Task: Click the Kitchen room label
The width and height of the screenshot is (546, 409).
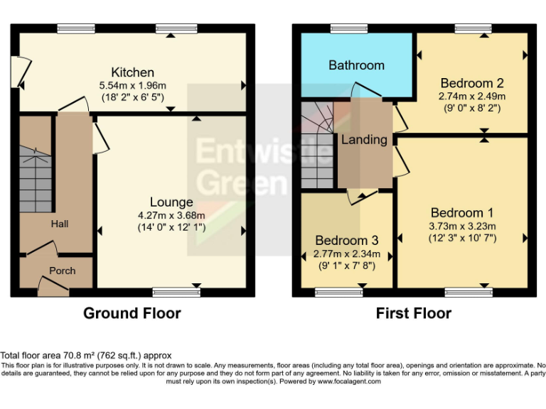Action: click(132, 72)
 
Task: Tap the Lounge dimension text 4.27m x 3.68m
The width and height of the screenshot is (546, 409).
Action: click(171, 216)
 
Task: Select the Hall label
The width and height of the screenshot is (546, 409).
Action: click(60, 224)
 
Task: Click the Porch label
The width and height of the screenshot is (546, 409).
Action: click(62, 271)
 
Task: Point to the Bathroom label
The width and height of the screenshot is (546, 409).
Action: click(356, 65)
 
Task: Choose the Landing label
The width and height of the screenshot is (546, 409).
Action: click(364, 140)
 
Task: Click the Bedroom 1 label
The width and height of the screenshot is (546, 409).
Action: click(462, 212)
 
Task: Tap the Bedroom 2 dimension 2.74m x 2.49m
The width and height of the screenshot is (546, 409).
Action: click(473, 96)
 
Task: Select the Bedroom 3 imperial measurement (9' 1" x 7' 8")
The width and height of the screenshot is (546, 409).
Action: click(347, 266)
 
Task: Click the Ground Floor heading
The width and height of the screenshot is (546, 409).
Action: click(132, 313)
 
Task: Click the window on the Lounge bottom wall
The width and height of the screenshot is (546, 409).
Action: click(176, 292)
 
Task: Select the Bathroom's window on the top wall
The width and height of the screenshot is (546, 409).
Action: click(348, 28)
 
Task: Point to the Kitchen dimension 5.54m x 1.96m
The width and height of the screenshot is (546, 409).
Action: click(132, 85)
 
